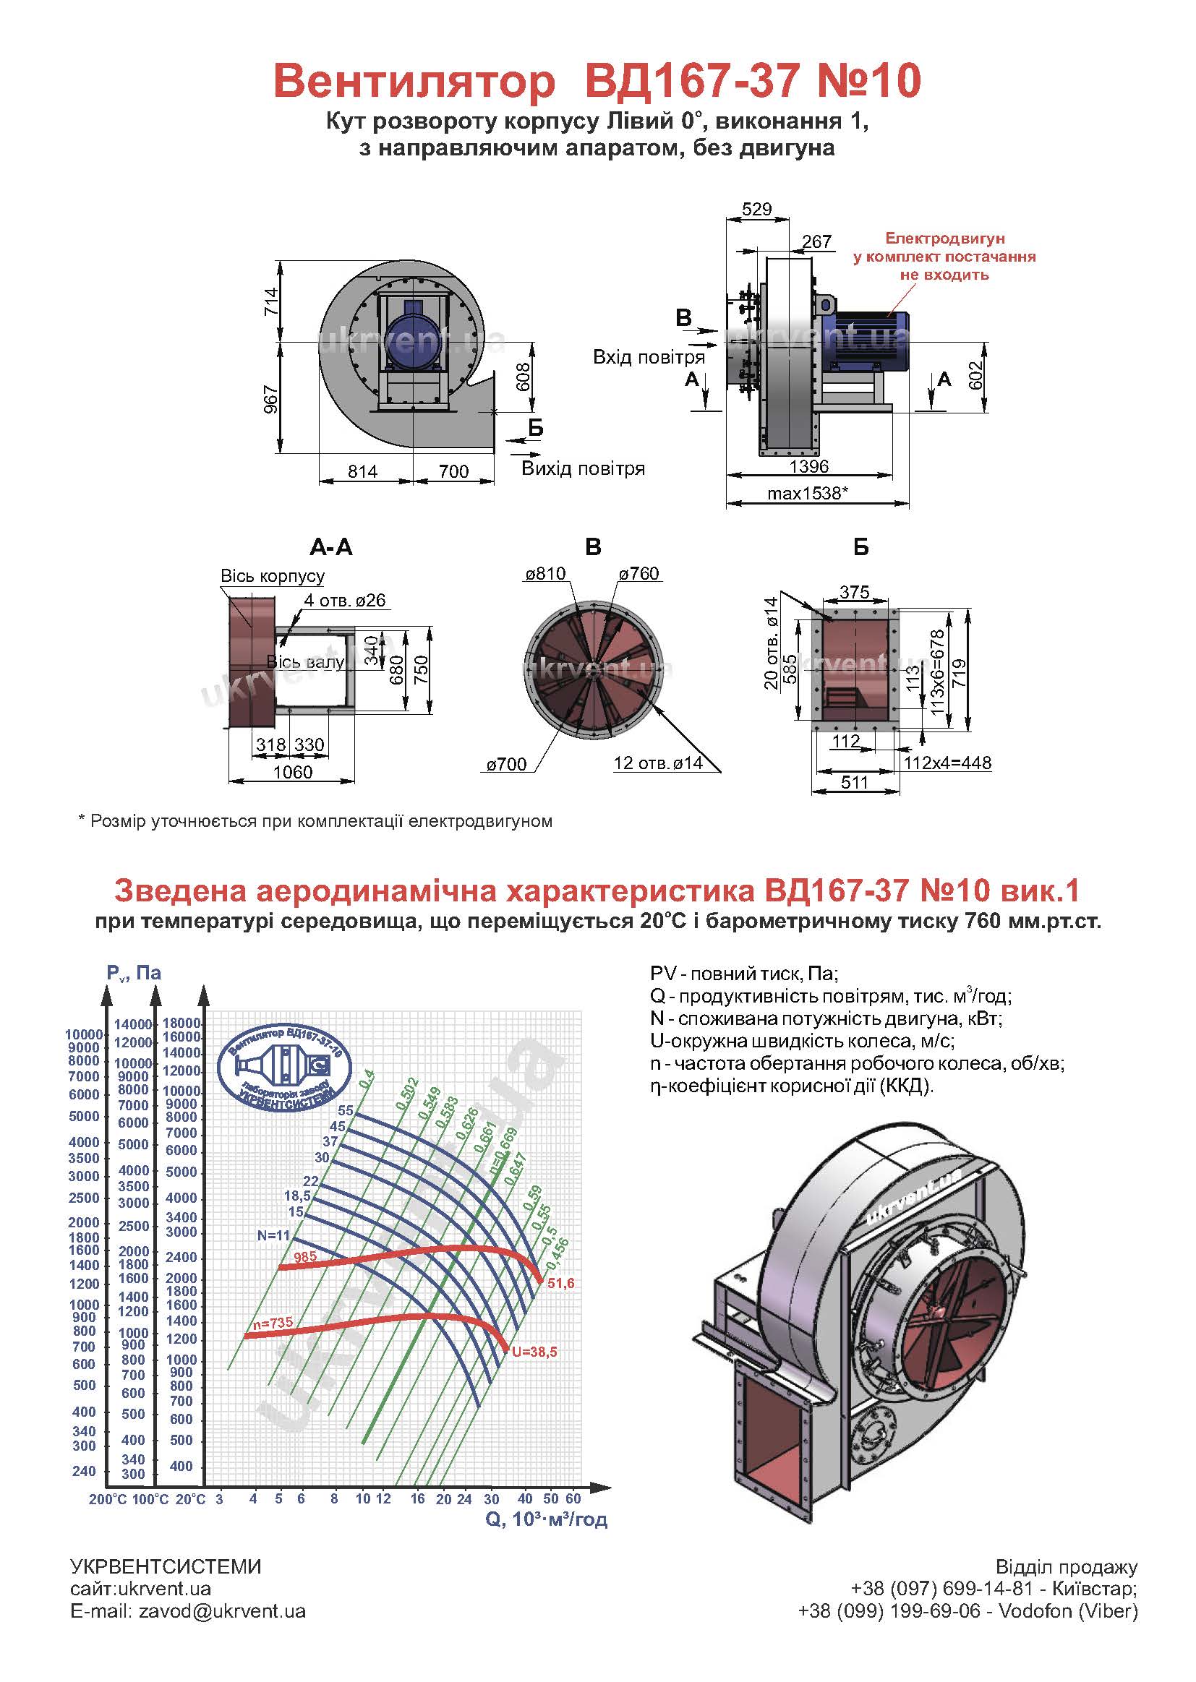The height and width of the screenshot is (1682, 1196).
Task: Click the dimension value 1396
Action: coord(808,466)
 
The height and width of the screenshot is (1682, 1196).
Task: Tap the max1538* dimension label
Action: coord(808,492)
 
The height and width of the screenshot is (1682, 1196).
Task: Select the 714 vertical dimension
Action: coord(271,302)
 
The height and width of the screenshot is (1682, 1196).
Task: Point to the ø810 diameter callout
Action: coord(545,573)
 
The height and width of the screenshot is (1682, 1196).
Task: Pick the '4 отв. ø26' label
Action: coord(345,600)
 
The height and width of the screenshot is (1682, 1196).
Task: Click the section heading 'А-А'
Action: coord(331,547)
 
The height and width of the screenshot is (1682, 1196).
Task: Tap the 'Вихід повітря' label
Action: coord(584,468)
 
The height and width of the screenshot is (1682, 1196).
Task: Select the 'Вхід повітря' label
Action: coord(649,357)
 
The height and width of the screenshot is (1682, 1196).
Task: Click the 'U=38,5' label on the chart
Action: coord(534,1352)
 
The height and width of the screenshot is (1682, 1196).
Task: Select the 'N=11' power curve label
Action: coord(274,1235)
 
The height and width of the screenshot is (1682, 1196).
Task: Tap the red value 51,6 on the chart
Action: coord(560,1283)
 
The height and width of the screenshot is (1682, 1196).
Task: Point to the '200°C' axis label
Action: coord(108,1499)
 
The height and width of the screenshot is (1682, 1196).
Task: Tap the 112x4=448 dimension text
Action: coord(947,763)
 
